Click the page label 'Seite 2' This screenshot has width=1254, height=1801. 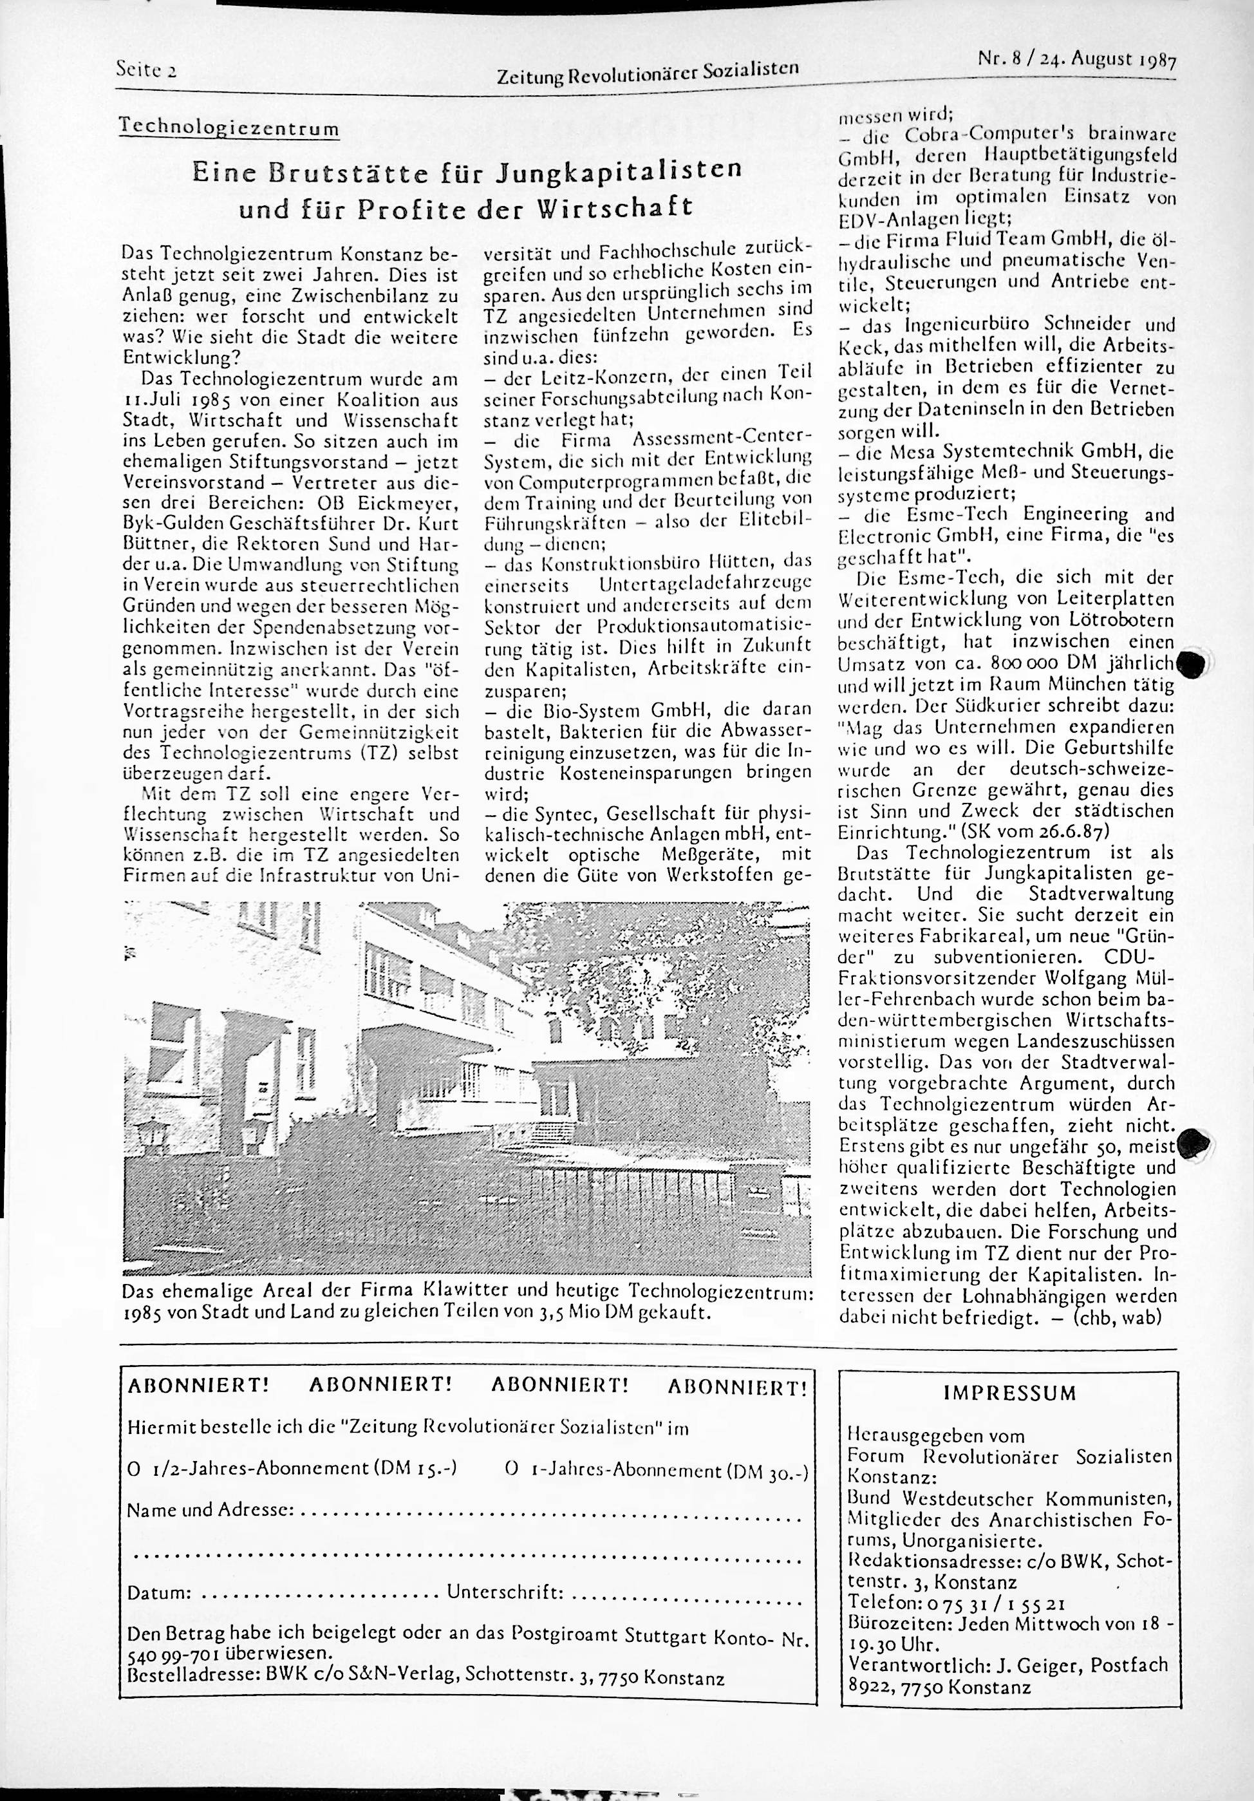click(145, 68)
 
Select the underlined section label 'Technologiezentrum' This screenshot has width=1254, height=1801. click(229, 128)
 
